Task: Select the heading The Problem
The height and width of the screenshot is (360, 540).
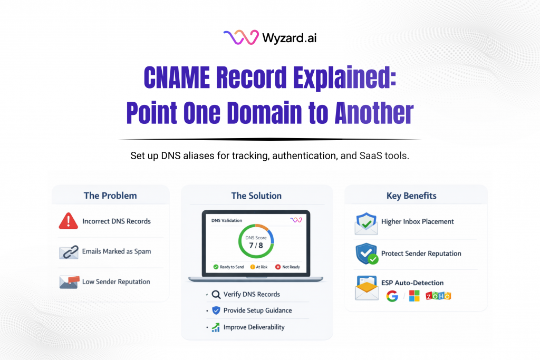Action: pyautogui.click(x=110, y=196)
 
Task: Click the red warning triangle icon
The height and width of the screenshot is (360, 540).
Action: pyautogui.click(x=68, y=221)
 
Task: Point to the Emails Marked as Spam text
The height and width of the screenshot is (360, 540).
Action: pyautogui.click(x=117, y=251)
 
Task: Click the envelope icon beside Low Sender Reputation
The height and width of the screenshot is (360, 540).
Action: pyautogui.click(x=69, y=281)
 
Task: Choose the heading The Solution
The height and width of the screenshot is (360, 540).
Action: pyautogui.click(x=256, y=196)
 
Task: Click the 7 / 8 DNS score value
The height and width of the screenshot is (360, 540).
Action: pyautogui.click(x=256, y=245)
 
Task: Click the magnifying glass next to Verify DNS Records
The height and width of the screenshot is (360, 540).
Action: pyautogui.click(x=216, y=295)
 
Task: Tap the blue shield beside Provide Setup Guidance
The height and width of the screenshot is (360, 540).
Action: pyautogui.click(x=216, y=310)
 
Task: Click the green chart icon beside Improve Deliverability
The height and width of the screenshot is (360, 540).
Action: pyautogui.click(x=216, y=327)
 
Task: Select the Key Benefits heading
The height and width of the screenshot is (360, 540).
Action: pyautogui.click(x=411, y=196)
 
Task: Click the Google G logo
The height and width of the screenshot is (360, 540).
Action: pyautogui.click(x=392, y=296)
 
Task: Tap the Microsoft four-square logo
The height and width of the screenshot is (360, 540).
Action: pyautogui.click(x=414, y=296)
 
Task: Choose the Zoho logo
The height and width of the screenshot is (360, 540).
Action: pyautogui.click(x=438, y=296)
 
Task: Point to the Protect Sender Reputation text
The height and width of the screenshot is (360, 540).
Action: pyautogui.click(x=421, y=254)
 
